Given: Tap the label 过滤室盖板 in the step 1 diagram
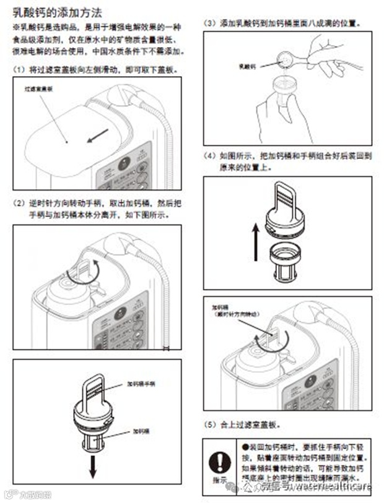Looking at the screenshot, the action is point(37,89).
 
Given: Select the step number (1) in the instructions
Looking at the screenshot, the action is point(19,69).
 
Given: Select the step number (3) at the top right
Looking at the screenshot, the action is point(211,22).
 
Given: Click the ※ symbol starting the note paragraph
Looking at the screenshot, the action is point(15,28).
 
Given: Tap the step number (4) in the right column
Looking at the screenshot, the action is point(211,156).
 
